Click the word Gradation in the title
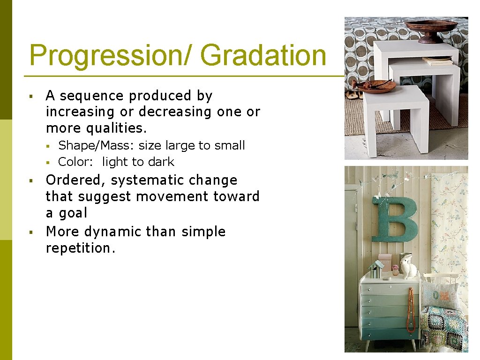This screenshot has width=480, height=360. click(x=263, y=55)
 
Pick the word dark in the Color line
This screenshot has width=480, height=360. click(x=160, y=162)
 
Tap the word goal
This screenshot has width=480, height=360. click(x=74, y=213)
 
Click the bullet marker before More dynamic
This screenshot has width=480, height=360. click(x=30, y=232)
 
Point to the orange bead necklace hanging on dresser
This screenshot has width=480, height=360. click(x=411, y=309)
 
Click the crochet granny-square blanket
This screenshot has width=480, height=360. click(x=443, y=328)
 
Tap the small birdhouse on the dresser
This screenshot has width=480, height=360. click(x=376, y=270)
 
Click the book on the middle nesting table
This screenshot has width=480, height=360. click(x=437, y=61)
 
